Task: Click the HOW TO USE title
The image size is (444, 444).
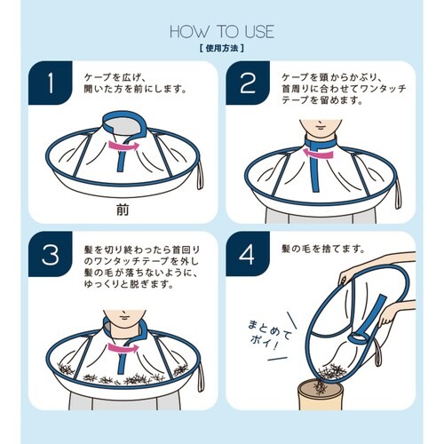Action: [221, 32]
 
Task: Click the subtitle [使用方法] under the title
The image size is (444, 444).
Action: [221, 49]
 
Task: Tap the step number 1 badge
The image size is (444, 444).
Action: [51, 85]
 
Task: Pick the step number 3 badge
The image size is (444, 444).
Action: [51, 257]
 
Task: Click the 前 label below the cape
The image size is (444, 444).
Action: [123, 209]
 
